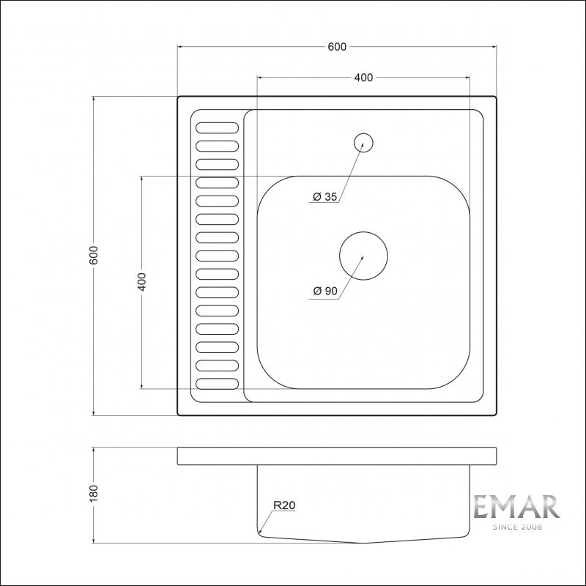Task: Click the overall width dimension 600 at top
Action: [x=337, y=47]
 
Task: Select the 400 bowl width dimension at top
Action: [x=363, y=78]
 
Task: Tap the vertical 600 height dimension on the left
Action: [x=93, y=256]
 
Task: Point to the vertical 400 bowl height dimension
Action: [x=142, y=282]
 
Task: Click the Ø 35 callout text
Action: [x=324, y=197]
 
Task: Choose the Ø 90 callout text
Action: [x=324, y=292]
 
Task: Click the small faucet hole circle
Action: [x=363, y=142]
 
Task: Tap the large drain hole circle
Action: [x=363, y=256]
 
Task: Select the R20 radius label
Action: [x=283, y=505]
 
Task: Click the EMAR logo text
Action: [x=516, y=507]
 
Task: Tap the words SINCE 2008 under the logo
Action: [x=516, y=527]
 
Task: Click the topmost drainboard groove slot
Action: [x=217, y=127]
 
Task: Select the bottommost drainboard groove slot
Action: [x=217, y=383]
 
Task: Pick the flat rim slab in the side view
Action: [x=337, y=455]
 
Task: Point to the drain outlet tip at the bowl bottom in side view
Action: [x=364, y=542]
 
